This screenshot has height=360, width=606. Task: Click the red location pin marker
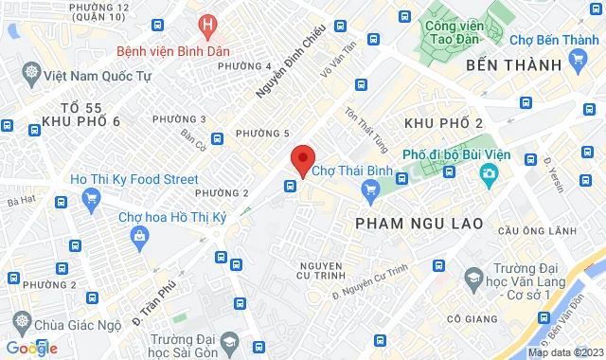(302, 159)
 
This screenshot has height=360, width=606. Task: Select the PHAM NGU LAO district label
(419, 223)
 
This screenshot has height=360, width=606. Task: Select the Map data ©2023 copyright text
(564, 353)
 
